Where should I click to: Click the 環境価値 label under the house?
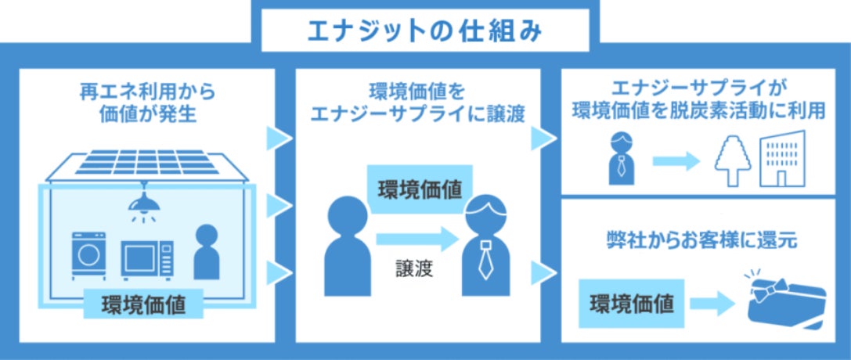[144, 304]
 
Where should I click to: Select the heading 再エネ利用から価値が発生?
[147, 103]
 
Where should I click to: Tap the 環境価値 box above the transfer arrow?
[420, 189]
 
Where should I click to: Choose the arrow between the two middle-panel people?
[416, 238]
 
